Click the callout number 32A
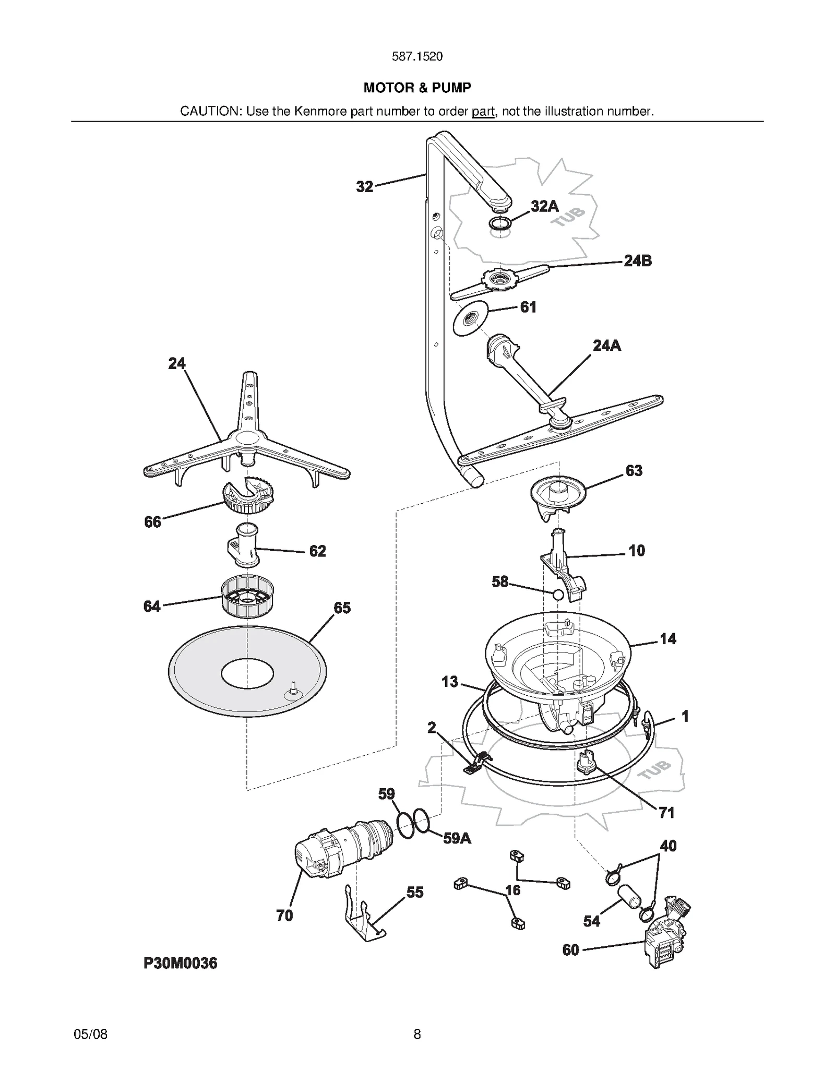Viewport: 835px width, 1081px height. pyautogui.click(x=544, y=207)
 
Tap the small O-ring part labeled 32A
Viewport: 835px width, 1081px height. pyautogui.click(x=499, y=223)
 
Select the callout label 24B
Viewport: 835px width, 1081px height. pyautogui.click(x=638, y=261)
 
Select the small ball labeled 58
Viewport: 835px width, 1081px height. pyautogui.click(x=558, y=595)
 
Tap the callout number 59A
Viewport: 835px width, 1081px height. pyautogui.click(x=457, y=839)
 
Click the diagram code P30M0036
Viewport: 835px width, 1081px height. pyautogui.click(x=181, y=963)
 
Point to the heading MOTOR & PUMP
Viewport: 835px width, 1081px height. pyautogui.click(x=417, y=88)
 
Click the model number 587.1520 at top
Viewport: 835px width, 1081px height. pyautogui.click(x=417, y=56)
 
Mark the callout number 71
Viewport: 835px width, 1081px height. pyautogui.click(x=666, y=813)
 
